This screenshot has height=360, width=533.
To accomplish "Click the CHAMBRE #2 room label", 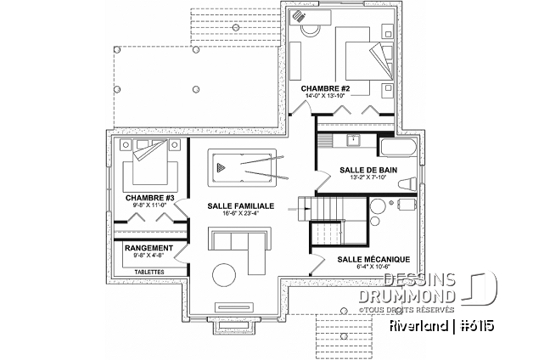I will [x=318, y=88].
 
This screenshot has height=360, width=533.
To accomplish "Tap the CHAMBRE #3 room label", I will [x=149, y=198].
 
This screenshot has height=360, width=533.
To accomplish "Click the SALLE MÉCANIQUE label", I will [x=373, y=258].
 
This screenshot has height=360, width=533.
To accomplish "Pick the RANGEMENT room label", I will [x=149, y=248].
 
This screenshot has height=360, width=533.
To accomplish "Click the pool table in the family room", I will [x=242, y=166].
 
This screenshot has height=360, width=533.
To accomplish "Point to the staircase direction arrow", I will [x=303, y=205].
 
